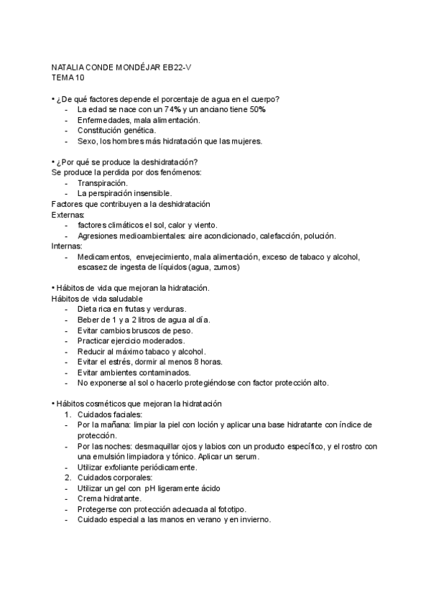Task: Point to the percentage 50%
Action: pos(256,109)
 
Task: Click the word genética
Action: pos(137,131)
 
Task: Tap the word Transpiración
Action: pos(102,183)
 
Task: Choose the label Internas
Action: pos(67,246)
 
